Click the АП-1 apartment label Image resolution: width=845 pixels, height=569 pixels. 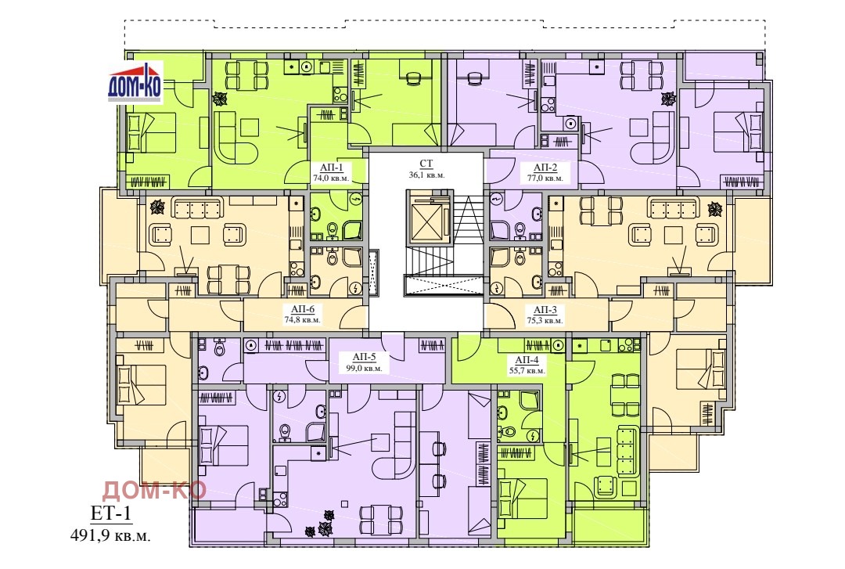point(332,167)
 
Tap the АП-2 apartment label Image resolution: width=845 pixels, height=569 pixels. point(545,167)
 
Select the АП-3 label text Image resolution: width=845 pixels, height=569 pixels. point(545,310)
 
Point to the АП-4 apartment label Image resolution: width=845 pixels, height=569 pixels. point(527,360)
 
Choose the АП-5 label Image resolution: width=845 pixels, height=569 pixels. point(364,357)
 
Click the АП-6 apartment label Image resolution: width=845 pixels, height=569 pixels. point(302,309)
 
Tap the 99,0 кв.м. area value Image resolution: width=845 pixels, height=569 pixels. point(364,369)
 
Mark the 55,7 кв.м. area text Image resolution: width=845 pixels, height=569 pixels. point(527,371)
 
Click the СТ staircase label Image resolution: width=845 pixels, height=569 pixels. point(426,164)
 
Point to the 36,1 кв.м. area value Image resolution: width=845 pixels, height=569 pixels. point(426,175)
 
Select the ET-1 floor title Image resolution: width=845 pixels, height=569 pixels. point(110,513)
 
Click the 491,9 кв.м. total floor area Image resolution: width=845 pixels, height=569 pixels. point(110,535)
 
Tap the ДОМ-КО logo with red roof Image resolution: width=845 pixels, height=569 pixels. point(135,82)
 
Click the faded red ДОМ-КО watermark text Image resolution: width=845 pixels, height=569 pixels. point(154,490)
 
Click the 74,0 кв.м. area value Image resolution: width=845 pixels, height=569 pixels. point(331,178)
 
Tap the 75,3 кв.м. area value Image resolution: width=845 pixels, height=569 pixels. point(545,320)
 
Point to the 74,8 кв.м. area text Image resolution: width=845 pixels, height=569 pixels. point(302,320)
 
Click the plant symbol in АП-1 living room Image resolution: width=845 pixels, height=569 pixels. point(220,99)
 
